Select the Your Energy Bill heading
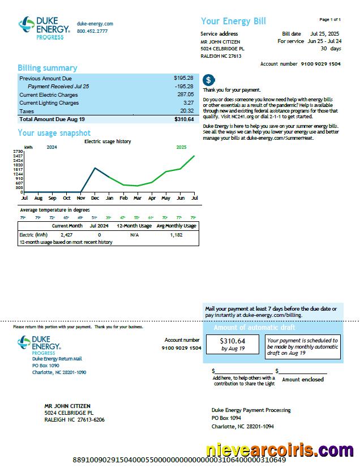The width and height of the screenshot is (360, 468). point(233,22)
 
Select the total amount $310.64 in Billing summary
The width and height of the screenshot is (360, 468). point(184,119)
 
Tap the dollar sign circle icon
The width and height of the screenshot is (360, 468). point(208,80)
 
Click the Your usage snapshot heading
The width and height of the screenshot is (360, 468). point(54,133)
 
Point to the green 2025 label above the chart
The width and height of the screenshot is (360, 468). point(181,147)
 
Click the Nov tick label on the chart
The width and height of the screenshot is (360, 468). point(81,198)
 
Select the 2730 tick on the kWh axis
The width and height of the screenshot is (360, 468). point(18,152)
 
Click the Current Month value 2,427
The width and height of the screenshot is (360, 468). point(66,234)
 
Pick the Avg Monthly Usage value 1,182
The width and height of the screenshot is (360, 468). point(176,234)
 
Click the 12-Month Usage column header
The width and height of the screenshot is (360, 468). point(134,226)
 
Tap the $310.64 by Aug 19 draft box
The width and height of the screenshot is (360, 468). point(233,344)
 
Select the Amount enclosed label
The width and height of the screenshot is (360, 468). point(303,380)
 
